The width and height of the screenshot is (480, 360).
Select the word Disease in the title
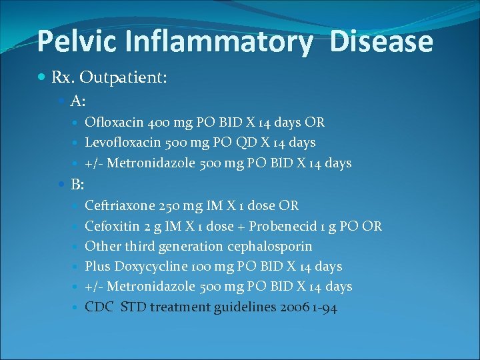381,41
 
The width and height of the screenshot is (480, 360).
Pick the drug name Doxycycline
145,267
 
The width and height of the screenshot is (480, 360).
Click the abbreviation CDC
99,307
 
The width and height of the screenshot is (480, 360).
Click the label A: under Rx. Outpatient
78,101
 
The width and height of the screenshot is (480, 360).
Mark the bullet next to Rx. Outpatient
43,78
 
